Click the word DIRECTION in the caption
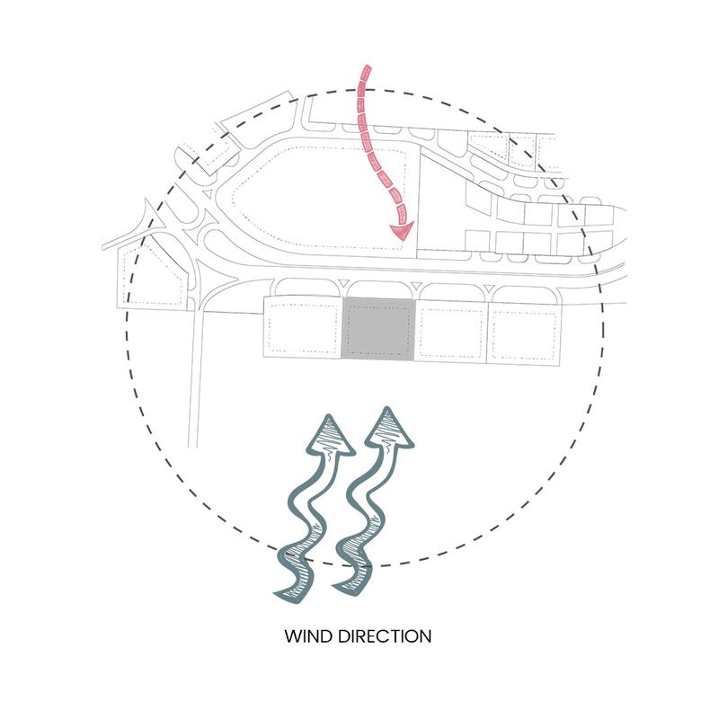[386, 637]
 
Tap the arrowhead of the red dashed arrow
[402, 230]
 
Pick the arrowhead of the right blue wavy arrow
[389, 426]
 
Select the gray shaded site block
[378, 329]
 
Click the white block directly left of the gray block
[303, 326]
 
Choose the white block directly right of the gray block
[451, 331]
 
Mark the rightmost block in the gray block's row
[524, 333]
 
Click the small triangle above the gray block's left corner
[342, 283]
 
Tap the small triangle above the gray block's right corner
[415, 286]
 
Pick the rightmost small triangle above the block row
[488, 288]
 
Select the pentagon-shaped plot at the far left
[152, 274]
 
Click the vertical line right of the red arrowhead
[418, 200]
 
